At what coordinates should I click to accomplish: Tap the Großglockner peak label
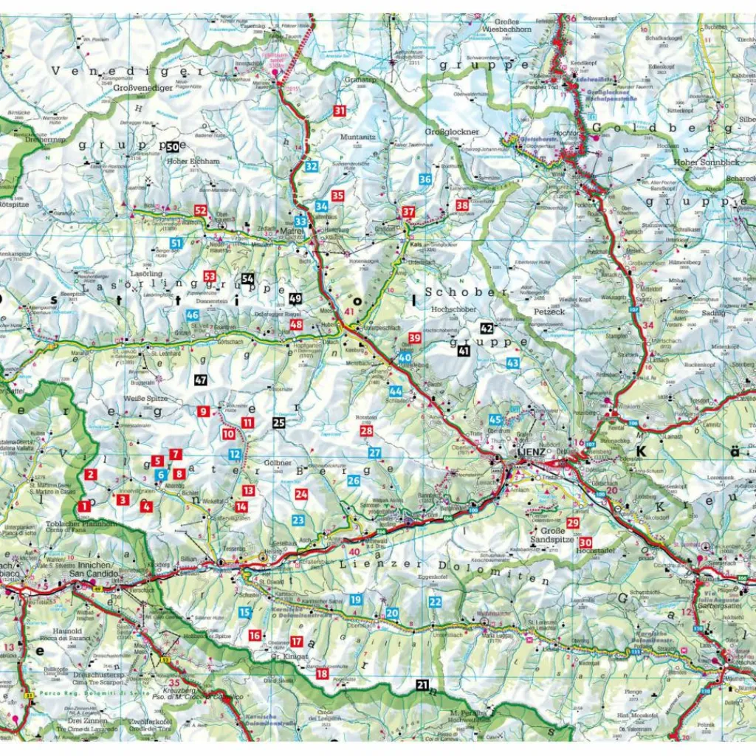pos(452,131)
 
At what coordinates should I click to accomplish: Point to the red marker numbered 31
pos(340,111)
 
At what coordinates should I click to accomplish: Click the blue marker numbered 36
pos(425,179)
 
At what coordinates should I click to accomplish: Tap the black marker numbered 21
pos(422,685)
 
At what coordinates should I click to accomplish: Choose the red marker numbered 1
pos(84,506)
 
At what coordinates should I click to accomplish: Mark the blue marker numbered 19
pos(356,599)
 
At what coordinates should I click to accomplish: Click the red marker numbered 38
pos(462,205)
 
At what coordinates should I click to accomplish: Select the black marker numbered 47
pos(201,380)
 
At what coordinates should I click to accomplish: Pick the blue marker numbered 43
pos(512,362)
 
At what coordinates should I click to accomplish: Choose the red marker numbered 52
pos(201,210)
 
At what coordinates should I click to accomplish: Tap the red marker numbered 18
pos(322,673)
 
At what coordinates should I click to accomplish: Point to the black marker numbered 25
pos(278,423)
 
